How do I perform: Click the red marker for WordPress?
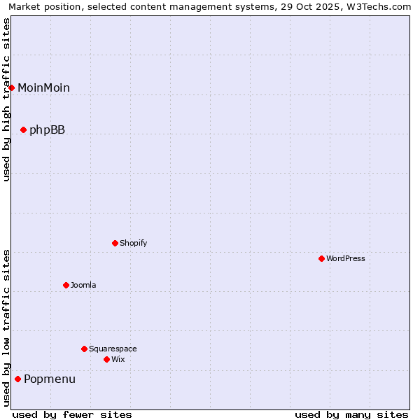[321, 258]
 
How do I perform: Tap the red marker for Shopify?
[115, 243]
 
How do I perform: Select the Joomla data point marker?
[66, 285]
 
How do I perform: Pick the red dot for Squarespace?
[84, 349]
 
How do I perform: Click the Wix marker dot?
[106, 359]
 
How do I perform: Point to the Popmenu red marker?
[17, 379]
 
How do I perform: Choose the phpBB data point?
[23, 129]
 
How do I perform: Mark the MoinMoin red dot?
[12, 87]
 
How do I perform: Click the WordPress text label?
[346, 258]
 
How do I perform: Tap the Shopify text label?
[134, 243]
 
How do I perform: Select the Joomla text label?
[83, 285]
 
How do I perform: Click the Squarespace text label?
[113, 349]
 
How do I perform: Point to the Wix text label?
[118, 359]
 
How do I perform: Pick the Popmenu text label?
[50, 379]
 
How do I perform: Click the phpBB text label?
[47, 129]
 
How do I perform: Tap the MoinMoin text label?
[43, 87]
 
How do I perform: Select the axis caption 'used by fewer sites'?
[72, 414]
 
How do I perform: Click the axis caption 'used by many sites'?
[351, 414]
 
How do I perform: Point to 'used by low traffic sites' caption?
[7, 328]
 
